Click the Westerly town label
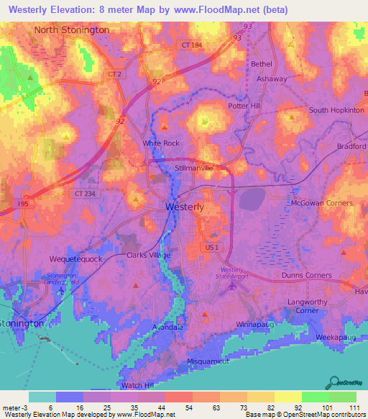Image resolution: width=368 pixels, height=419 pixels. pyautogui.click(x=185, y=207)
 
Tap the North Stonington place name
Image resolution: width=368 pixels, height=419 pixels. pyautogui.click(x=72, y=30)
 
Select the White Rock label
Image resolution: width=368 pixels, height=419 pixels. pyautogui.click(x=161, y=143)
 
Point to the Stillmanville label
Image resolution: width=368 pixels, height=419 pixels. pyautogui.click(x=194, y=168)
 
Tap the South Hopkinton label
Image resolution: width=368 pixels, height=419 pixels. pyautogui.click(x=337, y=110)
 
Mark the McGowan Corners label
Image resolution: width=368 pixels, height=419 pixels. pyautogui.click(x=321, y=204)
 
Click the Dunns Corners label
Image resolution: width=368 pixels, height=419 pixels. pyautogui.click(x=307, y=275)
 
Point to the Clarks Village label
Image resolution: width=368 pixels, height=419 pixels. pyautogui.click(x=149, y=256)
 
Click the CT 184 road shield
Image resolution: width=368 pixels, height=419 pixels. pyautogui.click(x=188, y=45)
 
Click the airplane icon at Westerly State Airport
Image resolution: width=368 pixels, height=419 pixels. pyautogui.click(x=231, y=287)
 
